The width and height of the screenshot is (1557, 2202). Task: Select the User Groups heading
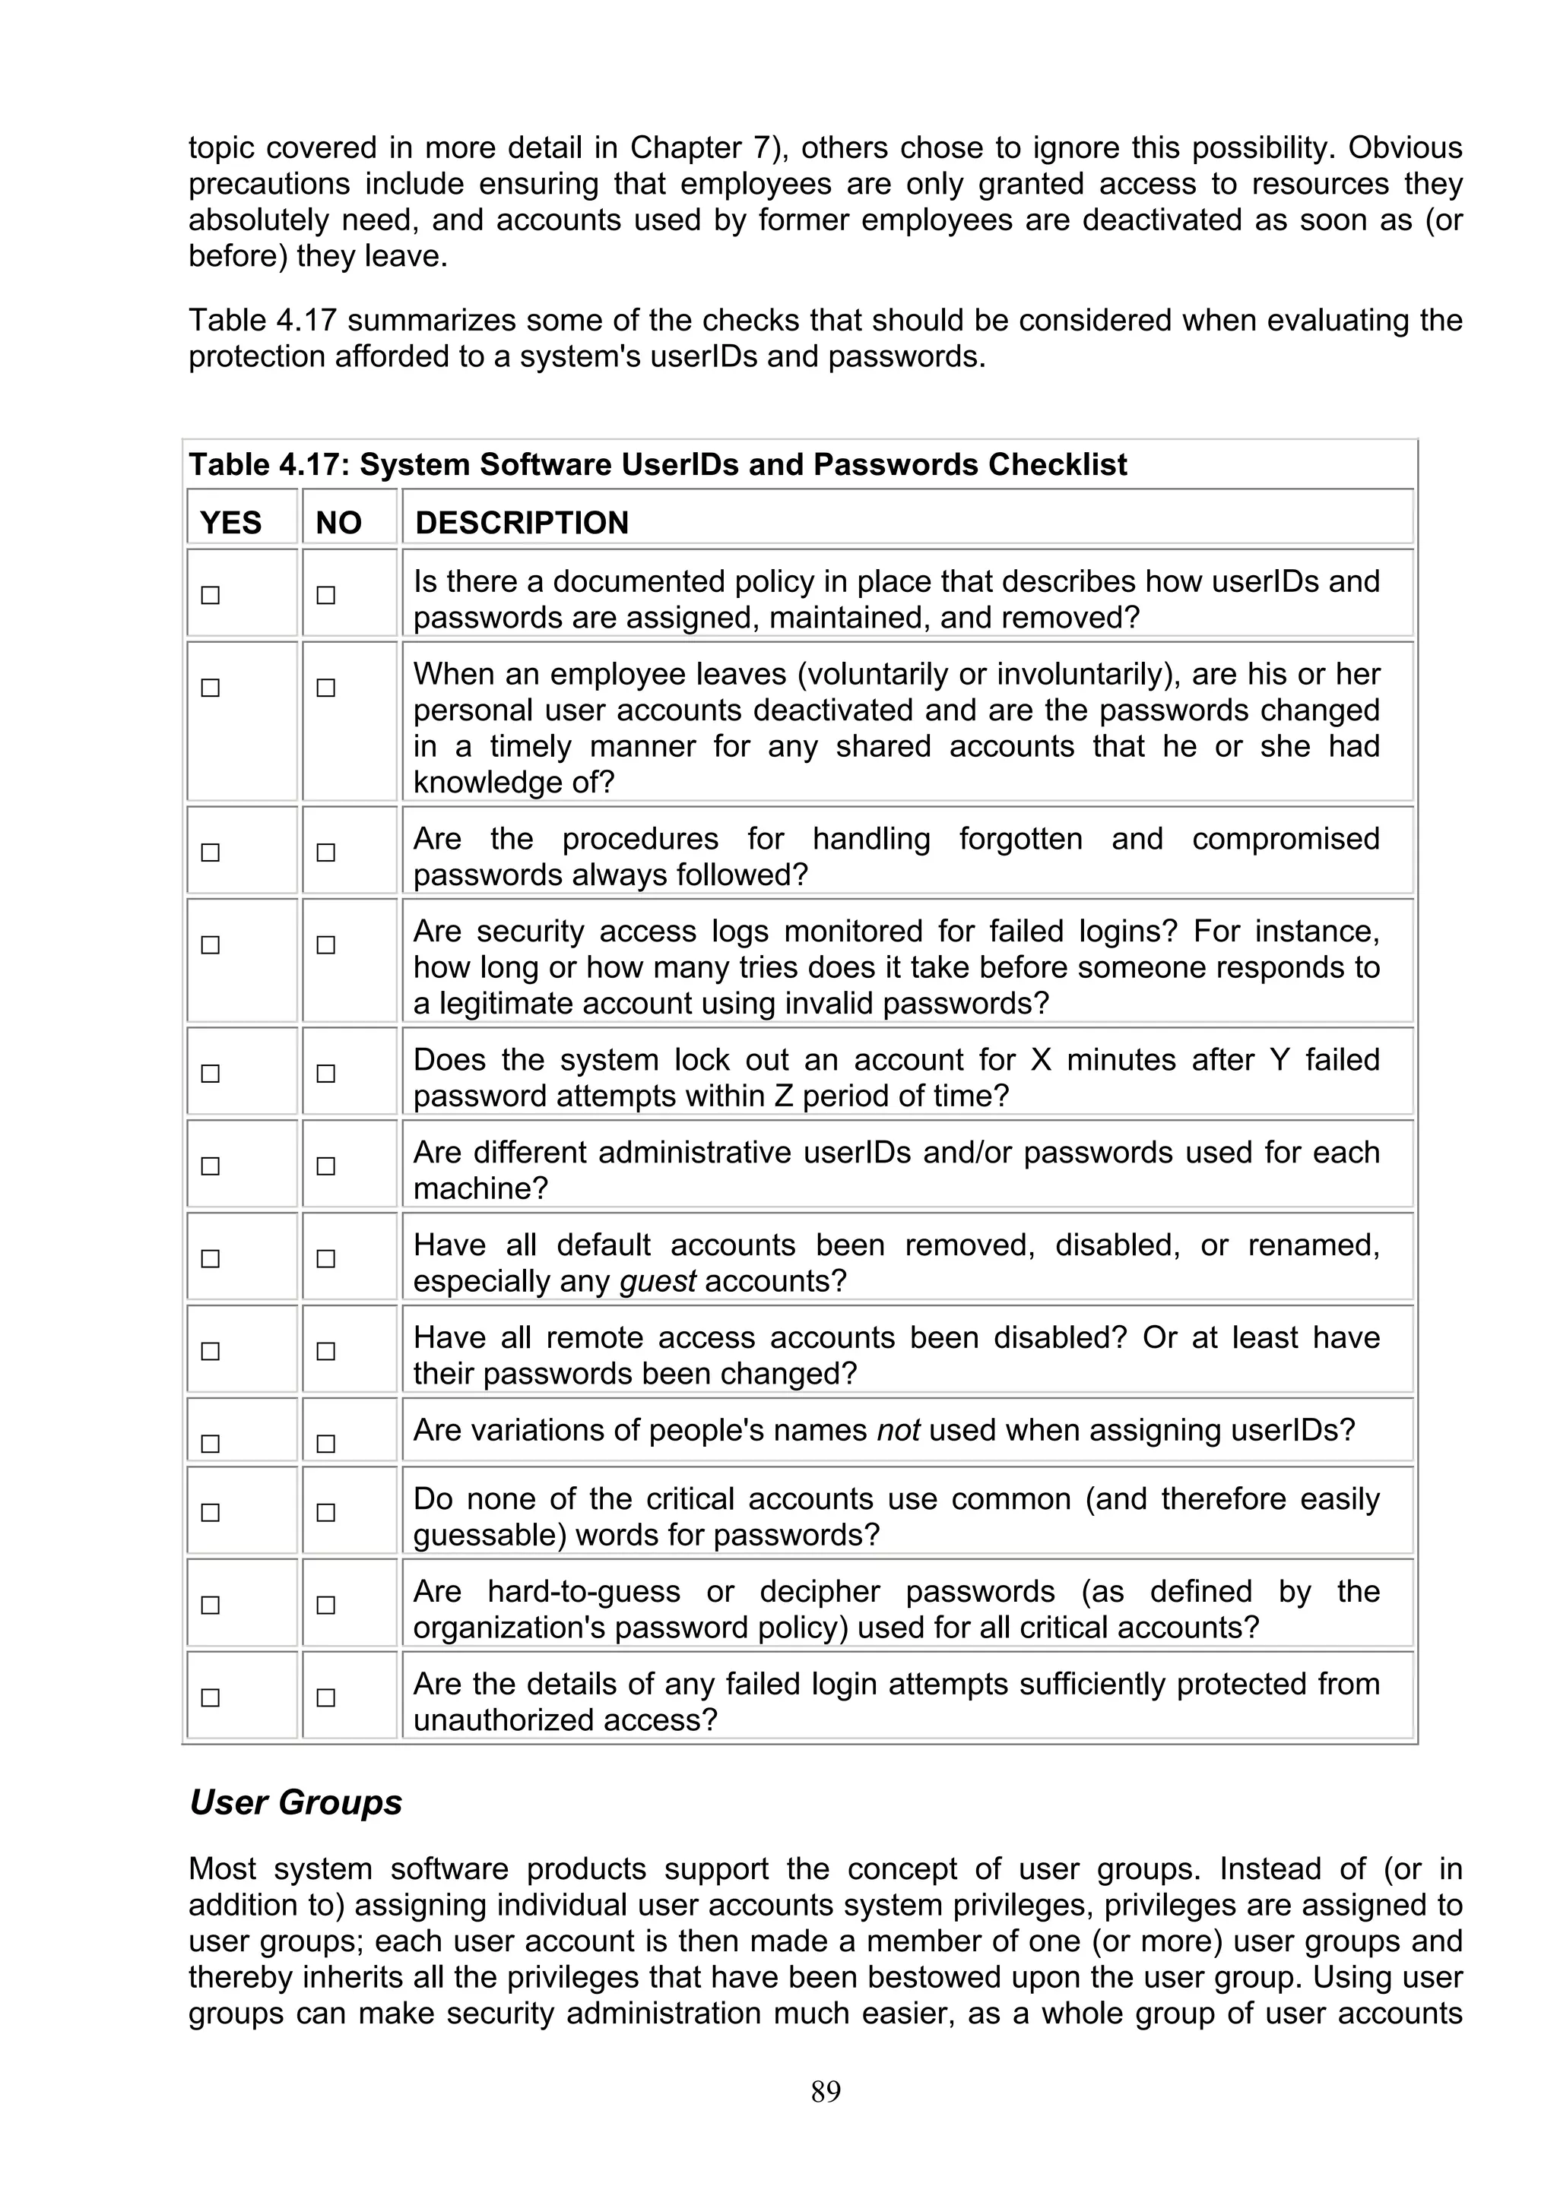pos(296,1802)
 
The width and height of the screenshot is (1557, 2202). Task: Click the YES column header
pos(230,523)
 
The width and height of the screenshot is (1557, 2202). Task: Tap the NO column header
pos(338,523)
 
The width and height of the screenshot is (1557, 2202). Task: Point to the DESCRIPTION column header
pos(522,523)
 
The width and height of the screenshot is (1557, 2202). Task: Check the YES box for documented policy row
pos(210,595)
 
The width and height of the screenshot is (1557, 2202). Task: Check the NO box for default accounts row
pos(326,1258)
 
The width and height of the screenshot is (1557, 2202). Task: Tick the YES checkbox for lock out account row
pos(210,1073)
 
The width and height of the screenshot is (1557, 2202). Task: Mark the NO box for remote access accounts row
pos(326,1351)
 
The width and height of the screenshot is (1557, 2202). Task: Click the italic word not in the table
pos(898,1430)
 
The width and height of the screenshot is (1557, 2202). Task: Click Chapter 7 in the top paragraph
pos(699,147)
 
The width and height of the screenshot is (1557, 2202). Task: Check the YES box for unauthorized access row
pos(210,1697)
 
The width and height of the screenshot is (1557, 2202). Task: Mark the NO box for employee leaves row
pos(326,688)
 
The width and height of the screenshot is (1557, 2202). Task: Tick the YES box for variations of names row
pos(210,1444)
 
